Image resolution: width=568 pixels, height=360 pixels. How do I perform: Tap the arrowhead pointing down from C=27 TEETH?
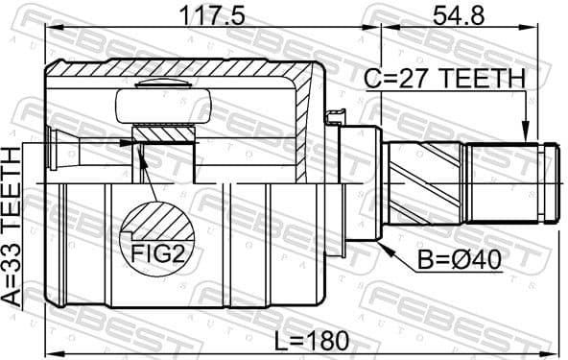coord(524,134)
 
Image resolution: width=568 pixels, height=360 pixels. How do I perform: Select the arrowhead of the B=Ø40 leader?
coord(385,247)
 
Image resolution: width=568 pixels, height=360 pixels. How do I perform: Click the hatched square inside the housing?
coord(164,145)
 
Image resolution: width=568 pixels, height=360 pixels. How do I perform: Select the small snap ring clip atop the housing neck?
coord(335,118)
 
